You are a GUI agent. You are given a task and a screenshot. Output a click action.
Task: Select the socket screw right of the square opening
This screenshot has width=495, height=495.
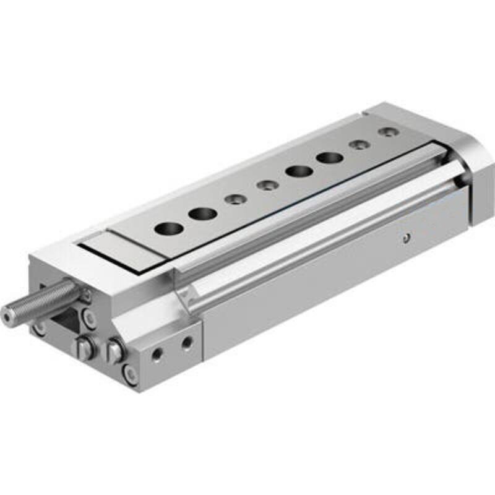[90, 319]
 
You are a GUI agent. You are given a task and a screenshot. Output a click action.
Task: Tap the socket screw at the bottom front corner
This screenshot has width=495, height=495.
[130, 374]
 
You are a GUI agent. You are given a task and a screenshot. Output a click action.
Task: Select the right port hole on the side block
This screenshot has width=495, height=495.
[186, 342]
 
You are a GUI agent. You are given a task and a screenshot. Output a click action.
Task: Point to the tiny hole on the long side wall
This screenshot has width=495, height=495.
[405, 236]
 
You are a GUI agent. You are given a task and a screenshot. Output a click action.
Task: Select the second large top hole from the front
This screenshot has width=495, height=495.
[202, 214]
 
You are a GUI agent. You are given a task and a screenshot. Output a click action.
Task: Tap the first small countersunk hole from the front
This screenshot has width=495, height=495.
[234, 199]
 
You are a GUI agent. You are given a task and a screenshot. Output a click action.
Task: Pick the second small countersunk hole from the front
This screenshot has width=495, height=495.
[267, 184]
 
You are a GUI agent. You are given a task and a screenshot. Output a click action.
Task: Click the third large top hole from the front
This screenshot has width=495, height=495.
[298, 171]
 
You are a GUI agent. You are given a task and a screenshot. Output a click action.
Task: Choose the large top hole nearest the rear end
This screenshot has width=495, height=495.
[329, 157]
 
